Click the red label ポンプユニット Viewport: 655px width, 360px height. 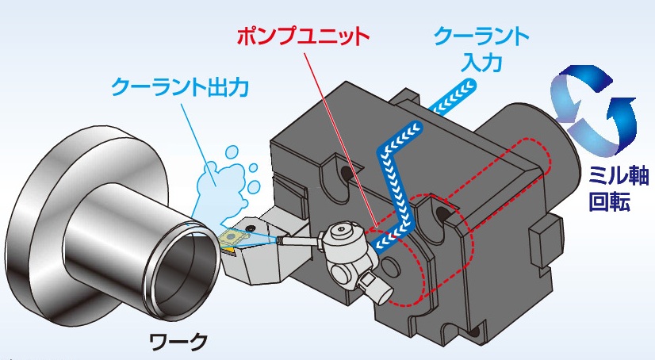[304, 36]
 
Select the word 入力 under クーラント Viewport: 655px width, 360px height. [480, 62]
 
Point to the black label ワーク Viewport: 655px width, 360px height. [178, 343]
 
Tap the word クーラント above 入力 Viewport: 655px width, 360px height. [480, 36]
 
